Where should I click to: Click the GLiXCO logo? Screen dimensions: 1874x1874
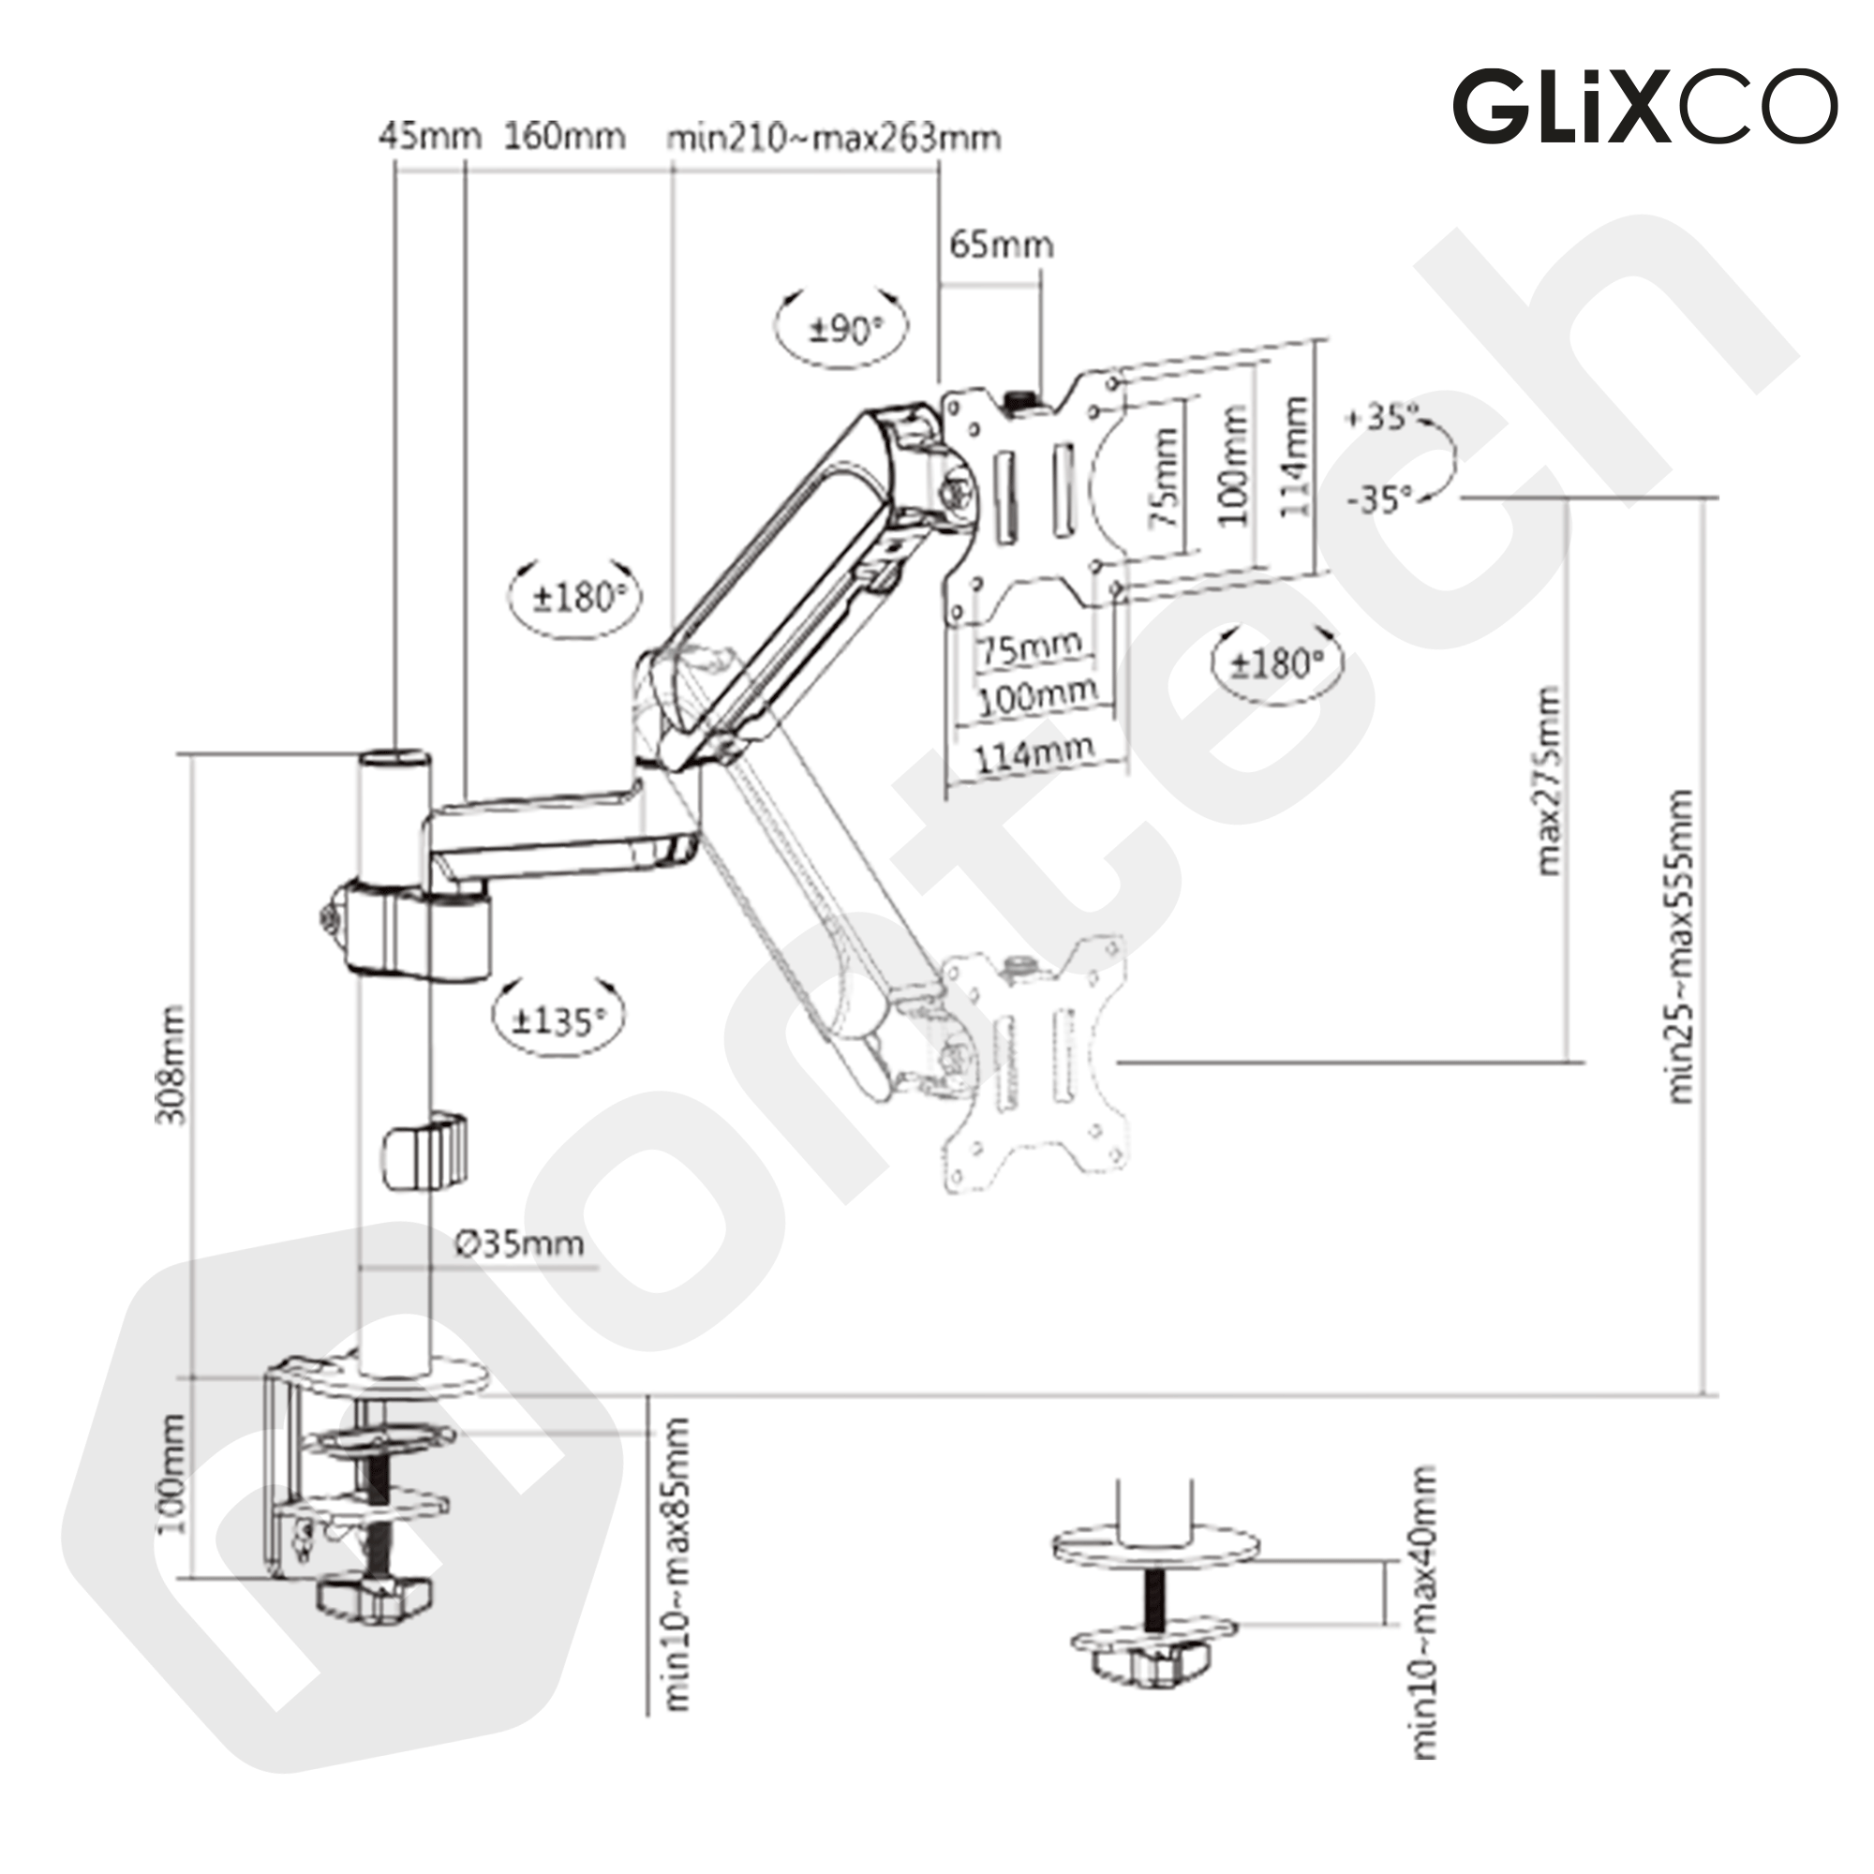point(1643,106)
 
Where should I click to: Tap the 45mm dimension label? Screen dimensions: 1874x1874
point(430,137)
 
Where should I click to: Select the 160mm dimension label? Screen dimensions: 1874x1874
point(564,137)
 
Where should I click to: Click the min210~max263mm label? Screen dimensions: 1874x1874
point(833,139)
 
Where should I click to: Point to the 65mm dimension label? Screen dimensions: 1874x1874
point(1001,245)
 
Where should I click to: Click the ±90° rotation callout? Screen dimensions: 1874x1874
point(843,328)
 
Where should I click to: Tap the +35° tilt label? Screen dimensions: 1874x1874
point(1382,417)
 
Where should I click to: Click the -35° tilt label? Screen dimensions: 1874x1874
point(1379,499)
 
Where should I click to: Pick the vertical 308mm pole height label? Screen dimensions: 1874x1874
point(171,1065)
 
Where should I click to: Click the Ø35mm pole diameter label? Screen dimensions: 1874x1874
point(520,1243)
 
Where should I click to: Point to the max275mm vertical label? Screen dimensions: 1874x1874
point(1550,780)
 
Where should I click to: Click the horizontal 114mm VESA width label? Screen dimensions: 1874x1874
point(1035,752)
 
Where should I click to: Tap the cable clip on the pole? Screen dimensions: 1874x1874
point(424,1152)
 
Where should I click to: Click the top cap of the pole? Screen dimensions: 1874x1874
point(394,756)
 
